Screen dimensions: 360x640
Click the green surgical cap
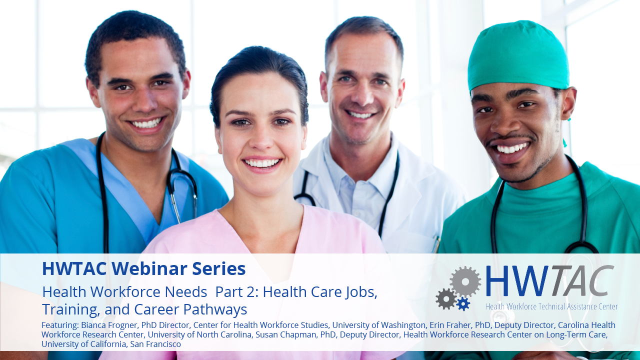coord(518,55)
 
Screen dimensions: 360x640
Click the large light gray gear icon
coord(465,281)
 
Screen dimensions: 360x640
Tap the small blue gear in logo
coord(463,303)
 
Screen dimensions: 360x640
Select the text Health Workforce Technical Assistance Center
coord(551,306)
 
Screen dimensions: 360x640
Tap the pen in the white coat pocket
coord(436,243)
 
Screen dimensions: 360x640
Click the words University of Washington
coord(379,325)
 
